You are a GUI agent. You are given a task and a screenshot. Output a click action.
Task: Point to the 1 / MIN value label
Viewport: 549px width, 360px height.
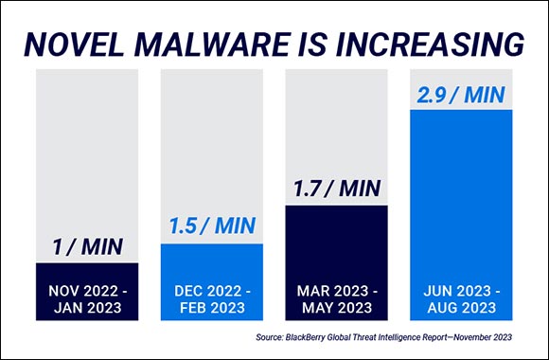(x=87, y=247)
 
